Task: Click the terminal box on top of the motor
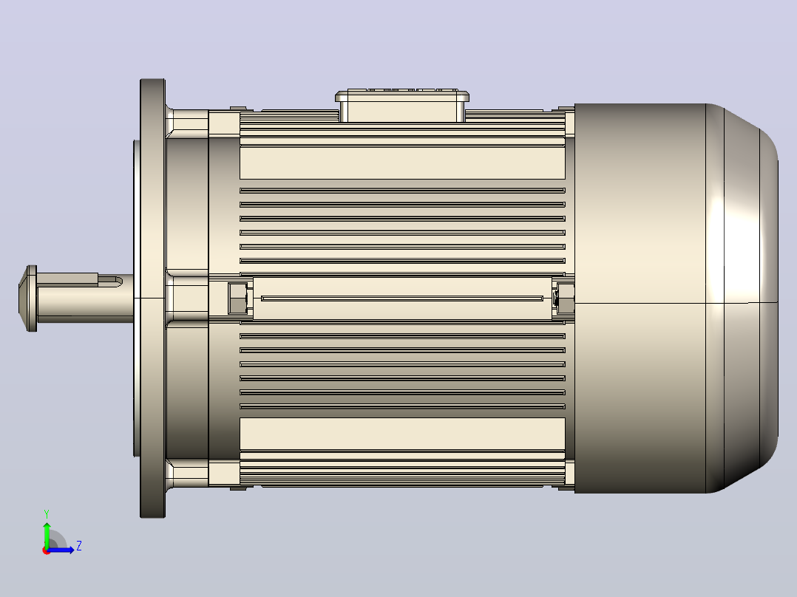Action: (x=401, y=106)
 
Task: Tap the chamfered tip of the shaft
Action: (x=22, y=298)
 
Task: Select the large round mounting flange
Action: (x=152, y=298)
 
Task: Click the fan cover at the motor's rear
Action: (x=676, y=298)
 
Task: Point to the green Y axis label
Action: (x=47, y=514)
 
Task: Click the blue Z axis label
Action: (x=79, y=546)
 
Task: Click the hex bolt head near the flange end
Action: (x=237, y=298)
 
